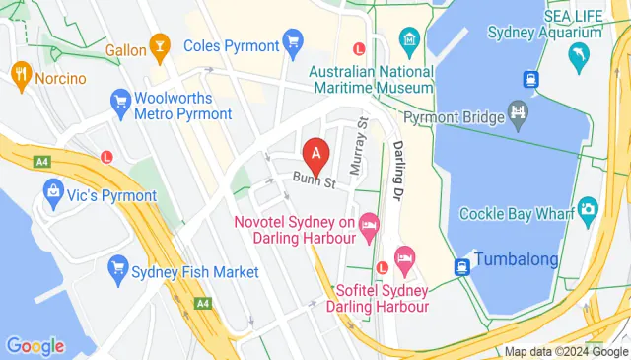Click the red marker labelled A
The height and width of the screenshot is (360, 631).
pos(315,154)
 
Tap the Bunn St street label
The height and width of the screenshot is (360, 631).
pos(314,181)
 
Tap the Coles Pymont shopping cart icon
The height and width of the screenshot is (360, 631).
pos(291,41)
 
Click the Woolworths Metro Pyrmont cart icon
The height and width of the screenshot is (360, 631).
pos(121,100)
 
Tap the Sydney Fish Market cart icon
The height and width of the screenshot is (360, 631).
pos(119,266)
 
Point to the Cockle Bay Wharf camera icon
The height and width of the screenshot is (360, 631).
pos(589,209)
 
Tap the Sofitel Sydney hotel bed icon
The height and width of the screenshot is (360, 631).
pos(403,259)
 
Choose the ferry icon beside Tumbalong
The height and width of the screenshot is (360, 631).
pos(460,266)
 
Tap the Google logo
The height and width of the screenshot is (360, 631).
pos(35,345)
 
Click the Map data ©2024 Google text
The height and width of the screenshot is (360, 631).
pos(566,352)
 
